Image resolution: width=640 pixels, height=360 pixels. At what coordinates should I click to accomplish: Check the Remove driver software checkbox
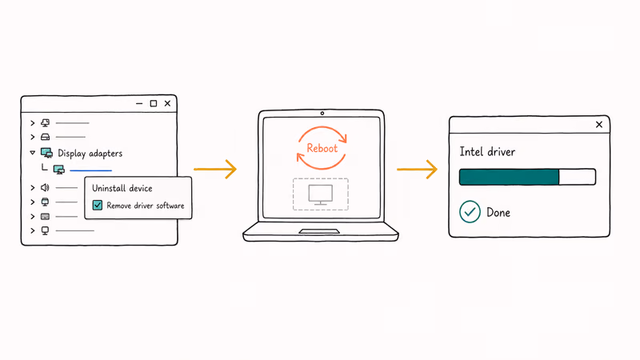(x=98, y=205)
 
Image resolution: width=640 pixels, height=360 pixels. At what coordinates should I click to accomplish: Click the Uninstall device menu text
(x=122, y=188)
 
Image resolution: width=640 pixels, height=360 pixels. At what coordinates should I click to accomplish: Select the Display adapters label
(x=90, y=154)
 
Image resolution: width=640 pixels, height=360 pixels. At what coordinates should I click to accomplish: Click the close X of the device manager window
(x=167, y=104)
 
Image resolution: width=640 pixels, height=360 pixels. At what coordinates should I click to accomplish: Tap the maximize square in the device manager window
(x=154, y=104)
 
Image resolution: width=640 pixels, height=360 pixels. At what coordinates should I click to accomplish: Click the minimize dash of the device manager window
(x=139, y=104)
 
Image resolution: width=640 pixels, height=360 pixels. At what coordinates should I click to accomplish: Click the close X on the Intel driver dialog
(x=598, y=125)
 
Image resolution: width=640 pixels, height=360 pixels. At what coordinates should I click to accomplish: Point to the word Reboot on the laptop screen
(x=322, y=148)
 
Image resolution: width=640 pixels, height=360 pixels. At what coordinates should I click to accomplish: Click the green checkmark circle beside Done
(x=470, y=212)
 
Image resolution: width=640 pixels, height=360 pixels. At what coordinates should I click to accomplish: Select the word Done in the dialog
(x=498, y=212)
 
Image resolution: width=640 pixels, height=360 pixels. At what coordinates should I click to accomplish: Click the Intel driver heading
(x=487, y=152)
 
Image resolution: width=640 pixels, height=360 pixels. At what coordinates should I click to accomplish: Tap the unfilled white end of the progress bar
(x=577, y=177)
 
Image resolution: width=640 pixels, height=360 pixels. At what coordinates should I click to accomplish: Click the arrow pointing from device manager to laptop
(x=215, y=169)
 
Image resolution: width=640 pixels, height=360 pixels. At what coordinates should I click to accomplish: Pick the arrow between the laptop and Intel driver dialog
(x=417, y=169)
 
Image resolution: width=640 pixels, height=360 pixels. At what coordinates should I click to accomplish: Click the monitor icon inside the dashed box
(x=321, y=194)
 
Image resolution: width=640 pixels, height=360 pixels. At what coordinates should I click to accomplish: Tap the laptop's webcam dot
(x=322, y=114)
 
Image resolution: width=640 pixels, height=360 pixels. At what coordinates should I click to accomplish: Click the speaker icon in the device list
(x=45, y=187)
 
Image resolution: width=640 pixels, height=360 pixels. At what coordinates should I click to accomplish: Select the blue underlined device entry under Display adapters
(x=90, y=170)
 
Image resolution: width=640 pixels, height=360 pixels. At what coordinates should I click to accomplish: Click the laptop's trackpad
(x=319, y=231)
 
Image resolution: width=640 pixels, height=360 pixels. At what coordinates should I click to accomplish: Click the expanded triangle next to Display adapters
(x=33, y=153)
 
